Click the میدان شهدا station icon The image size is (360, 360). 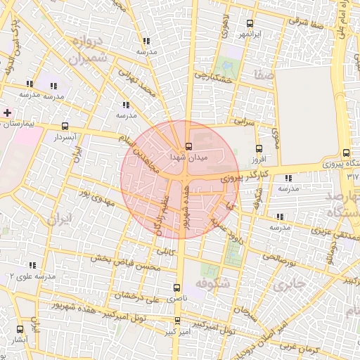188,146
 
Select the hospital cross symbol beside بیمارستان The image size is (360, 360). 7,112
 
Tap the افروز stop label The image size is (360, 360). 259,160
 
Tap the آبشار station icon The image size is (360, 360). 19,328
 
